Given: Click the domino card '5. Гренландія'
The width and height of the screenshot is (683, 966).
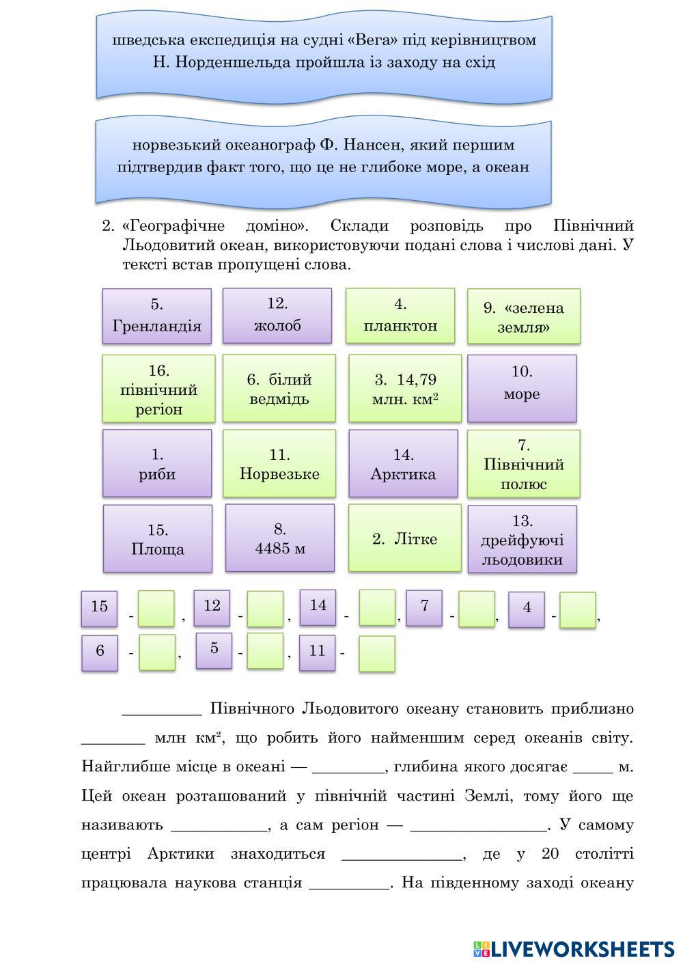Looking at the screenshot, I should tap(156, 316).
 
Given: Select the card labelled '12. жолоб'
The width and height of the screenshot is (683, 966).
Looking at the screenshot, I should tap(277, 315).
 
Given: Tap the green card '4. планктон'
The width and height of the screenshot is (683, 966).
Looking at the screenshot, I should tap(400, 315).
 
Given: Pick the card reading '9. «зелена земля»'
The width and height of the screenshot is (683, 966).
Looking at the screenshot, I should tap(524, 316).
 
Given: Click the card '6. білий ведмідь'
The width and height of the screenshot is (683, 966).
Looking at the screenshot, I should tap(279, 389).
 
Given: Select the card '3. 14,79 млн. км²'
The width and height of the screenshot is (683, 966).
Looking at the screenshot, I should tap(405, 389).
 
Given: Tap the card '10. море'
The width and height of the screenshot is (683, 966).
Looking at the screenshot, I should tap(522, 388).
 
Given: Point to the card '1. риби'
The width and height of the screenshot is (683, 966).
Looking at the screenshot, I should tap(157, 464).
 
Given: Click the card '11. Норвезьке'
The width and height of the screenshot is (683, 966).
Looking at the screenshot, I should tap(279, 464).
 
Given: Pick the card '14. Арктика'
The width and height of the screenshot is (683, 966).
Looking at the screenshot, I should tap(403, 464).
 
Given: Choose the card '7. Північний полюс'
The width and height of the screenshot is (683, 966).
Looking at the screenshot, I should tap(524, 464).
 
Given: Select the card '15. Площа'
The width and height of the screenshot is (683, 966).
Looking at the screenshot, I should tap(157, 539).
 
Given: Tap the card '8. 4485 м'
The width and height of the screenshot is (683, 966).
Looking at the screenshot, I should tap(280, 538).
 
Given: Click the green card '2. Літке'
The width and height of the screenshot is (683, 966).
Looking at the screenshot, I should tap(405, 538).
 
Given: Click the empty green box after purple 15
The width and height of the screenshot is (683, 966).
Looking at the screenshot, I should tap(156, 608).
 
